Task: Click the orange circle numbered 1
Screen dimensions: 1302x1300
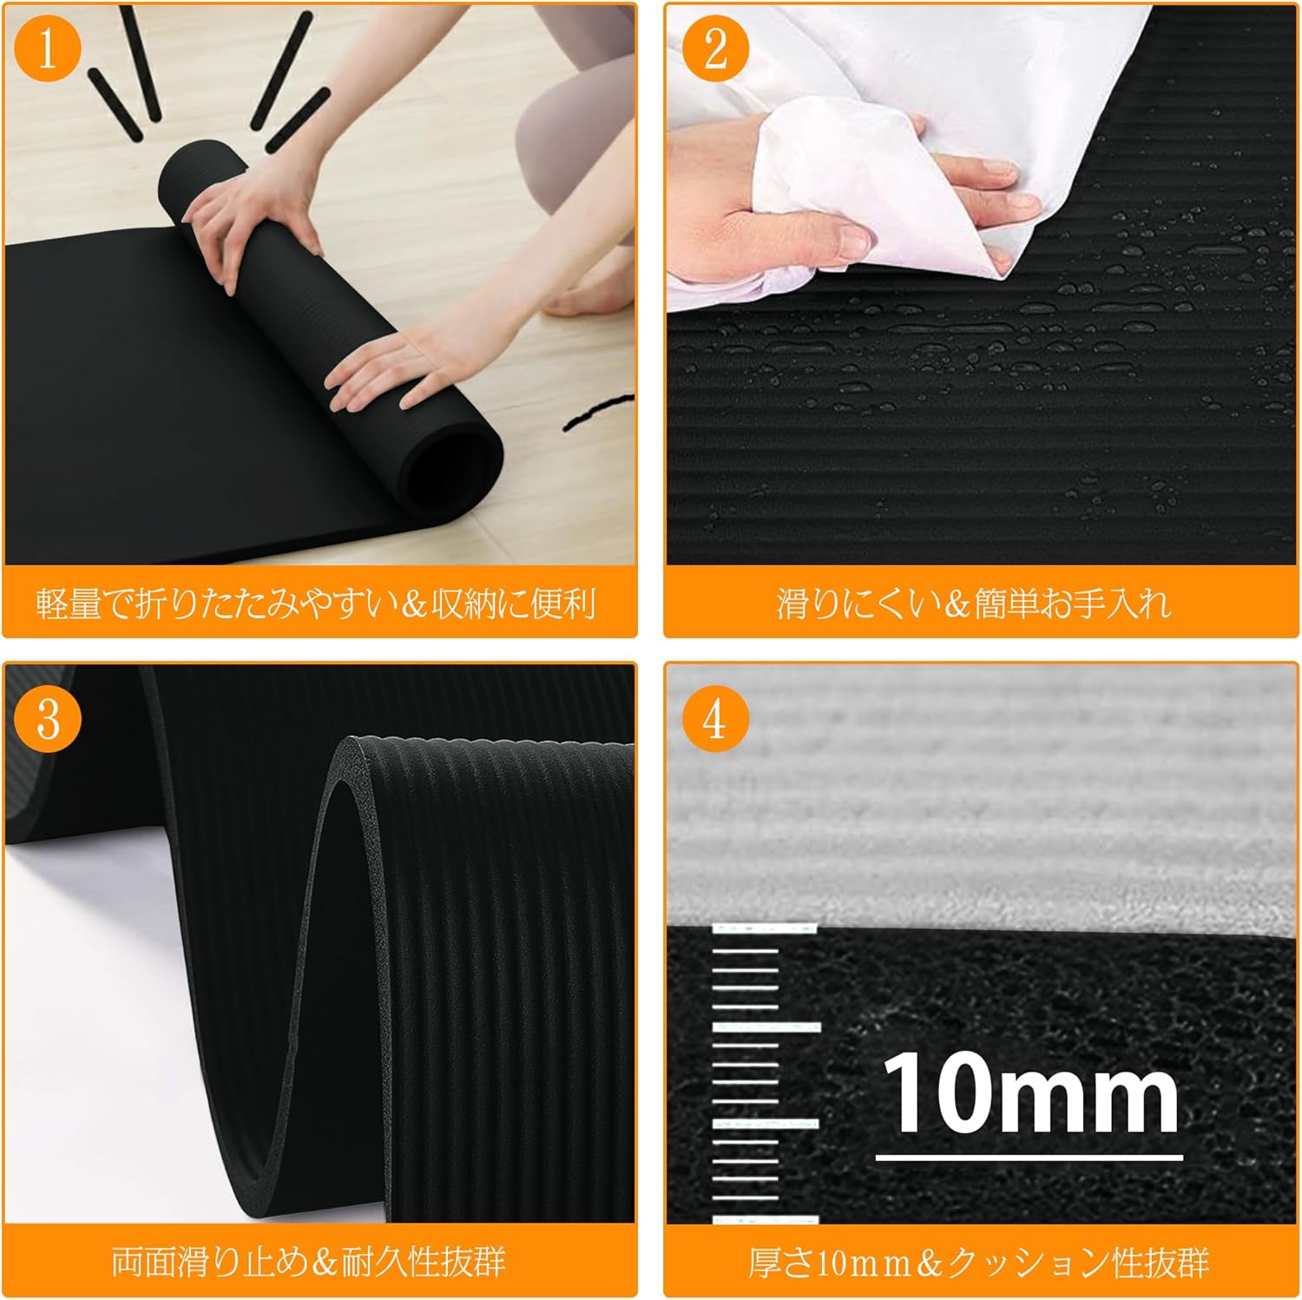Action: (x=48, y=49)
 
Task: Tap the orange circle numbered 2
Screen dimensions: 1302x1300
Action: (x=715, y=49)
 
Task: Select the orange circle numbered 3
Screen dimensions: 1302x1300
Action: (x=48, y=719)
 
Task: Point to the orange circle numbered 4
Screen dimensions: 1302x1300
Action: (x=715, y=719)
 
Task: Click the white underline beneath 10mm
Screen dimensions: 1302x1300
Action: (x=1029, y=1157)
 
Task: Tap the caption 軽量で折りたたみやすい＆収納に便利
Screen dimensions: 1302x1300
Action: (x=316, y=603)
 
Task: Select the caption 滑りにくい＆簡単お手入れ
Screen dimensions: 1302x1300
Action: (x=974, y=603)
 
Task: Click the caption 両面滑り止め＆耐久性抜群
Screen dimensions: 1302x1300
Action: (x=308, y=1261)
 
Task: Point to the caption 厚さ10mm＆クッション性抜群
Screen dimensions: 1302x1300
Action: (x=979, y=1262)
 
